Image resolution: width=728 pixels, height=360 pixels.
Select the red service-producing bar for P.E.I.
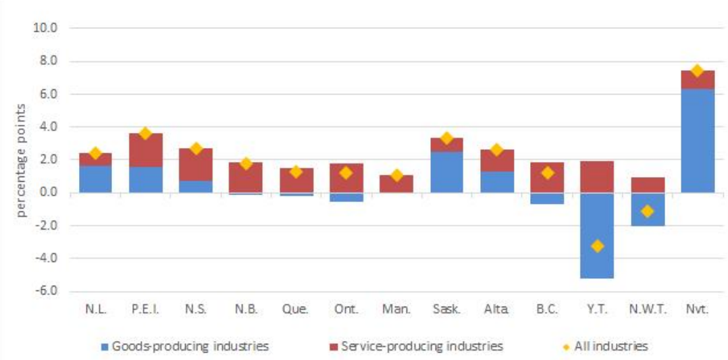pyautogui.click(x=145, y=150)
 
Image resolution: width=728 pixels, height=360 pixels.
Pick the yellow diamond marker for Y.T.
pyautogui.click(x=597, y=246)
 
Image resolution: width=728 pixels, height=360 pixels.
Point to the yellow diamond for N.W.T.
pyautogui.click(x=647, y=211)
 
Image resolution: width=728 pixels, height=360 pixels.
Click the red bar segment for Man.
pyautogui.click(x=396, y=184)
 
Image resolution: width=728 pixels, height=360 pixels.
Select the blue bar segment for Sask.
pyautogui.click(x=446, y=172)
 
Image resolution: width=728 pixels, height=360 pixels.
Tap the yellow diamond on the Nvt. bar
pyautogui.click(x=698, y=71)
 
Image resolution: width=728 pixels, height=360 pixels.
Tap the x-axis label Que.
pyautogui.click(x=296, y=309)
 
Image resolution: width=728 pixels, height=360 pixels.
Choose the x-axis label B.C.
pyautogui.click(x=547, y=309)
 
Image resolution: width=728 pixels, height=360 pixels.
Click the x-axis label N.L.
pyautogui.click(x=95, y=309)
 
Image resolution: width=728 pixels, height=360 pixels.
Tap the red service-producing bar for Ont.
pyautogui.click(x=346, y=178)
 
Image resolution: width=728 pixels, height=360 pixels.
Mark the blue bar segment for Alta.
pyautogui.click(x=497, y=182)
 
